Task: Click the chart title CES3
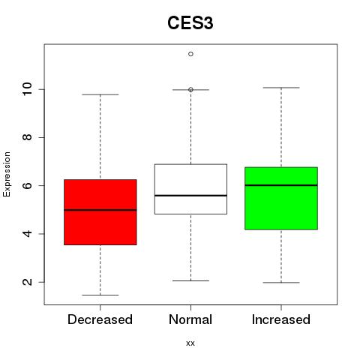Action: pyautogui.click(x=190, y=23)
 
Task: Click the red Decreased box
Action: pyautogui.click(x=100, y=212)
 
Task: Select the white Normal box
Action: pyautogui.click(x=190, y=189)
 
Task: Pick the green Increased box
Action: pyautogui.click(x=281, y=198)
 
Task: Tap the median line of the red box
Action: pyautogui.click(x=100, y=210)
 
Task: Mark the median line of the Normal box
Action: pyautogui.click(x=190, y=196)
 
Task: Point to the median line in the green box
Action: pyautogui.click(x=281, y=185)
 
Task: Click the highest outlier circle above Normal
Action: pyautogui.click(x=190, y=54)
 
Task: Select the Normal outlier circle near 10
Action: pyautogui.click(x=190, y=89)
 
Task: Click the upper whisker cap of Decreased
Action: pyautogui.click(x=100, y=94)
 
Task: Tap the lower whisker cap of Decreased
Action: pyautogui.click(x=100, y=295)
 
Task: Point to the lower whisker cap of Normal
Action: pyautogui.click(x=190, y=280)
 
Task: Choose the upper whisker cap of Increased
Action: pyautogui.click(x=281, y=88)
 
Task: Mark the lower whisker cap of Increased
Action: pyautogui.click(x=281, y=283)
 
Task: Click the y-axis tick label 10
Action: pyautogui.click(x=27, y=89)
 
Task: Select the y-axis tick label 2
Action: pyautogui.click(x=28, y=282)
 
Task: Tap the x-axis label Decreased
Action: pyautogui.click(x=100, y=319)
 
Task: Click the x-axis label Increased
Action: pyautogui.click(x=281, y=319)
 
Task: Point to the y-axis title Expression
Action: pyautogui.click(x=7, y=174)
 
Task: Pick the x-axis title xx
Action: pyautogui.click(x=190, y=343)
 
